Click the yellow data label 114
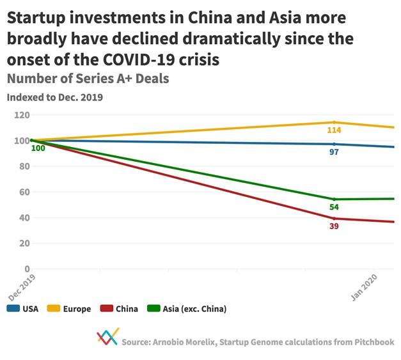pyautogui.click(x=334, y=130)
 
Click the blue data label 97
pyautogui.click(x=334, y=152)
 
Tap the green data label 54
pyautogui.click(x=334, y=207)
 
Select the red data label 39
pyautogui.click(x=334, y=227)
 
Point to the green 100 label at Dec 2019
pyautogui.click(x=38, y=148)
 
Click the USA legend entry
pyautogui.click(x=23, y=309)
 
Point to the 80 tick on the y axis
pyautogui.click(x=25, y=166)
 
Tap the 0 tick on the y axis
pyautogui.click(x=28, y=269)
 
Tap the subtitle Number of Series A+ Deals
pyautogui.click(x=88, y=79)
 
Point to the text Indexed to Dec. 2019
pyautogui.click(x=54, y=98)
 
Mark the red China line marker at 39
pyautogui.click(x=334, y=219)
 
